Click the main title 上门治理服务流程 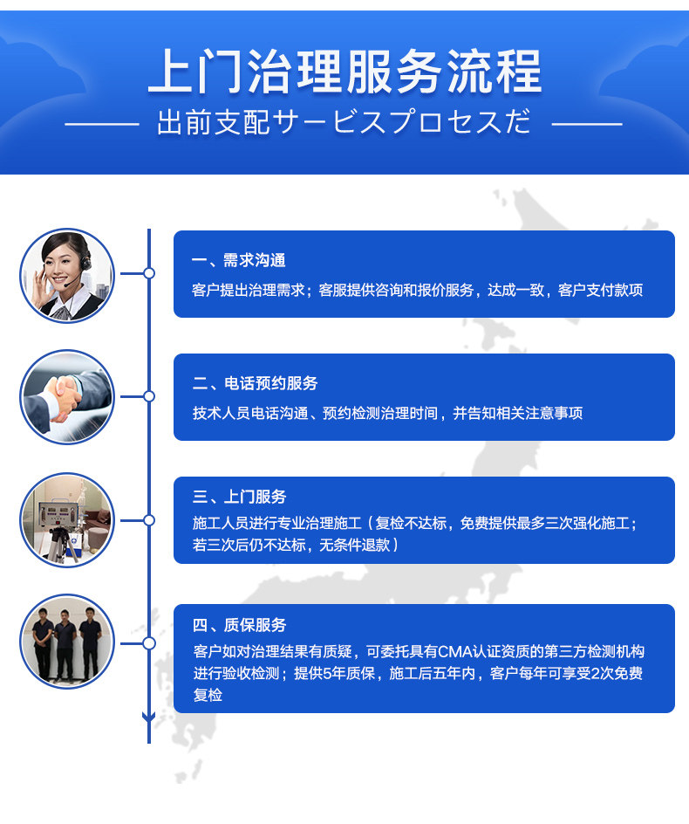(344, 72)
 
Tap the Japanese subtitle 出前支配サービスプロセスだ (344, 123)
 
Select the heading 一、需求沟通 (238, 260)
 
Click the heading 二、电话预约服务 (255, 383)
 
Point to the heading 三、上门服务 (239, 497)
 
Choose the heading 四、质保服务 (239, 625)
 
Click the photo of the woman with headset (67, 275)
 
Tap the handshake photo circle (67, 397)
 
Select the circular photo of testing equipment (67, 520)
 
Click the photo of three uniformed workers (67, 642)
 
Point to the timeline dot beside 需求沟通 (149, 273)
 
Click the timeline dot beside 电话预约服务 (149, 396)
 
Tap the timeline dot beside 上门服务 (149, 520)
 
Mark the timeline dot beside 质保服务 (149, 643)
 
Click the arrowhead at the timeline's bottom (149, 718)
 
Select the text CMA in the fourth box (454, 652)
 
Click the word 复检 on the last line (208, 696)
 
